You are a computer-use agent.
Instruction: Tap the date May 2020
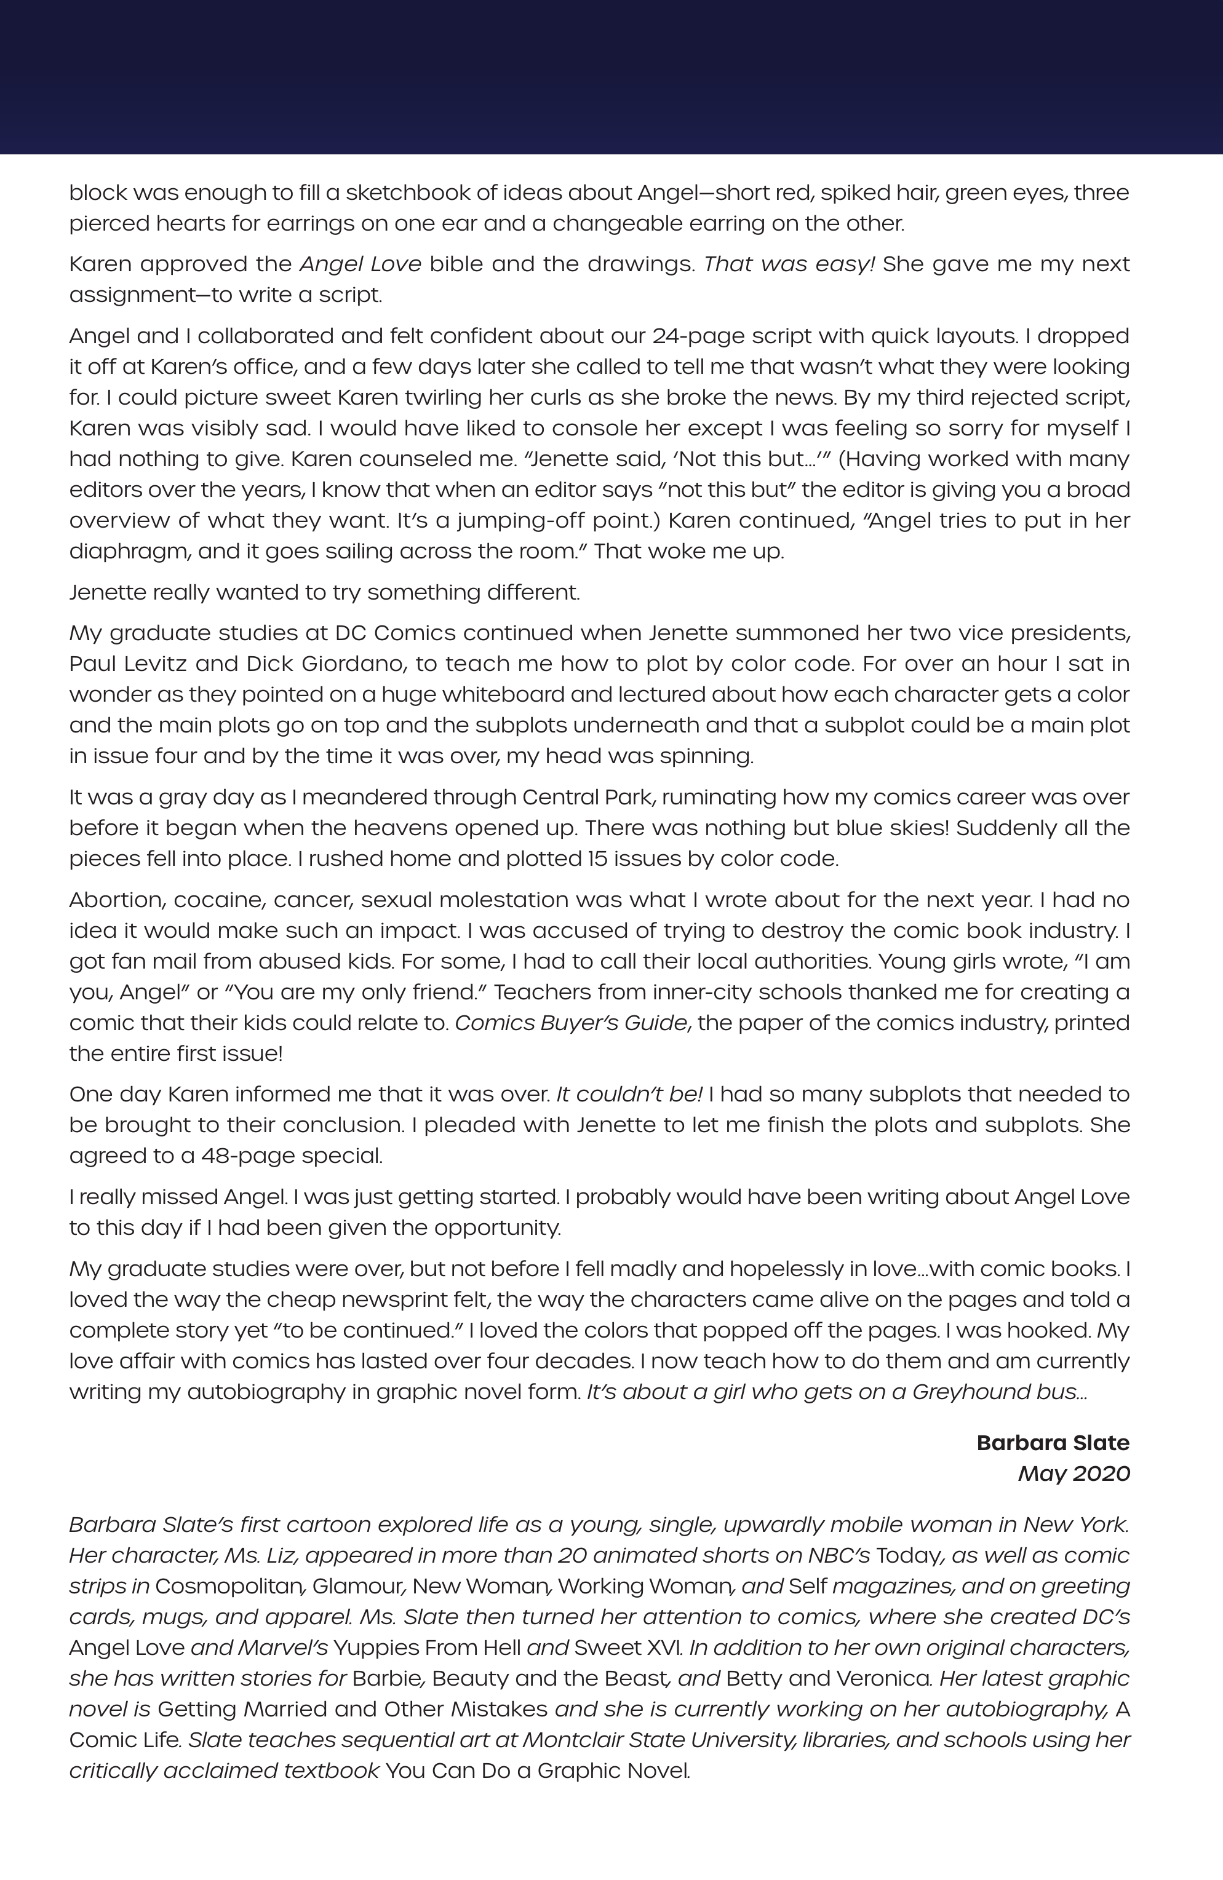coord(1074,1473)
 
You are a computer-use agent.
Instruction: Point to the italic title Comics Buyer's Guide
coord(570,1023)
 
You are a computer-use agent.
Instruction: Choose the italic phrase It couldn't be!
coord(629,1094)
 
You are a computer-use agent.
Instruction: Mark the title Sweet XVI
coord(631,1647)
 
